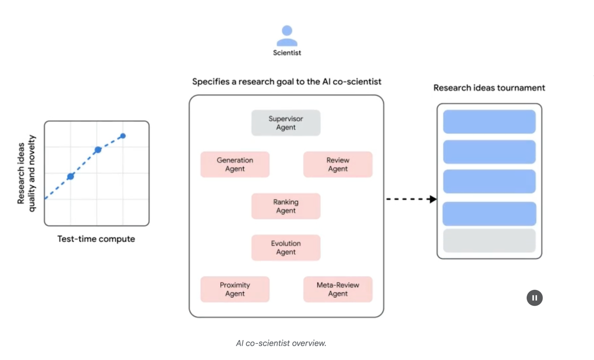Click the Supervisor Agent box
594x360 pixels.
[285, 123]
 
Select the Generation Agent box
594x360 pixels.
[235, 164]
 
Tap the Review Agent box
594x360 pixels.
[337, 164]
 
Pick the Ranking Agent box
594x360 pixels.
[285, 206]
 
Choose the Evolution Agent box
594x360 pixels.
[285, 247]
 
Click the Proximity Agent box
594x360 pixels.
[235, 289]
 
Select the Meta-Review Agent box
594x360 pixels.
[337, 289]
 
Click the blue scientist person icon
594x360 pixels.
[287, 36]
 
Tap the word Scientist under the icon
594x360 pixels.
[287, 53]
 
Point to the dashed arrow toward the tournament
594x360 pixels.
[411, 199]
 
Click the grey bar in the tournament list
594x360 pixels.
[489, 241]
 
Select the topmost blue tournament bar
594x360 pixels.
[489, 121]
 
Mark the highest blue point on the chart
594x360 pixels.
[123, 136]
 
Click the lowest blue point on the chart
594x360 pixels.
[71, 176]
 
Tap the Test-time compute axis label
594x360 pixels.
[96, 239]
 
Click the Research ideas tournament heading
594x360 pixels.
[489, 88]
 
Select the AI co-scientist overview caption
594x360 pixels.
[281, 343]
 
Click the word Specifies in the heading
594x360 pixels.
[210, 82]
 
